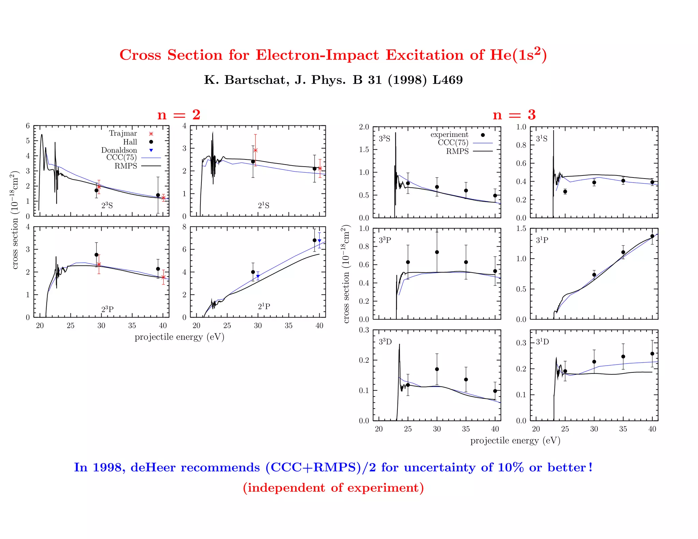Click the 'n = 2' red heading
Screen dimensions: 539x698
(x=179, y=115)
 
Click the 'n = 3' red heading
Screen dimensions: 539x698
(x=514, y=115)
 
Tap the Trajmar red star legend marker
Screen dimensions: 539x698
(x=151, y=134)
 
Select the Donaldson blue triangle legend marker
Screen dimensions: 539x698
(x=151, y=150)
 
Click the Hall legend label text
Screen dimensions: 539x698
(x=130, y=142)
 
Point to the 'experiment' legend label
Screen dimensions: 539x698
(x=449, y=135)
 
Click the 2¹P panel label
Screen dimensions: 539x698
(x=264, y=307)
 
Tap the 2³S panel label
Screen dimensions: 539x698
(x=107, y=206)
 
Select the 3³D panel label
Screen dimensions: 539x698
(x=385, y=342)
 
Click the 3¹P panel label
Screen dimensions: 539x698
(x=542, y=240)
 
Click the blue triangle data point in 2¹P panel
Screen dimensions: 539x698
(x=258, y=276)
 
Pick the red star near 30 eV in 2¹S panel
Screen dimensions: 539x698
(x=256, y=150)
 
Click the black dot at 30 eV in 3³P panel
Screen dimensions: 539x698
(x=437, y=252)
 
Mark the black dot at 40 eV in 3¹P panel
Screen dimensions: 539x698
(x=652, y=236)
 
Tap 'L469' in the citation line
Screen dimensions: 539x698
(x=447, y=80)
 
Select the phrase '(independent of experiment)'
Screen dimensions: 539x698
(x=333, y=488)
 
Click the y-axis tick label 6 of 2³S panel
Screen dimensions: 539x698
(x=28, y=126)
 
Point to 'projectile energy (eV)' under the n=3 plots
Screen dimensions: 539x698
(x=515, y=441)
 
